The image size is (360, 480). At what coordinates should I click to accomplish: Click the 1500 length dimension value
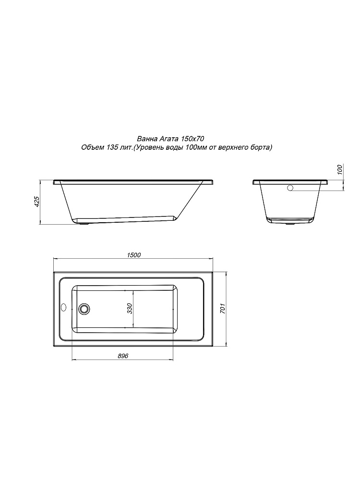pyautogui.click(x=133, y=254)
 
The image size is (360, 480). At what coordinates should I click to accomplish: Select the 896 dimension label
pyautogui.click(x=122, y=355)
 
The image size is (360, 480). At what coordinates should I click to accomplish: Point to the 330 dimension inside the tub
pyautogui.click(x=130, y=308)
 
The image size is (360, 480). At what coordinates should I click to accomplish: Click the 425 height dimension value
pyautogui.click(x=36, y=202)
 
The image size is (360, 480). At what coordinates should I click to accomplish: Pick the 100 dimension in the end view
pyautogui.click(x=339, y=169)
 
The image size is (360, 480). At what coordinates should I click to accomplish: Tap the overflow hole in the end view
pyautogui.click(x=290, y=188)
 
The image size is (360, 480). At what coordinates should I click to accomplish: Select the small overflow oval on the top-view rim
pyautogui.click(x=64, y=307)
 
